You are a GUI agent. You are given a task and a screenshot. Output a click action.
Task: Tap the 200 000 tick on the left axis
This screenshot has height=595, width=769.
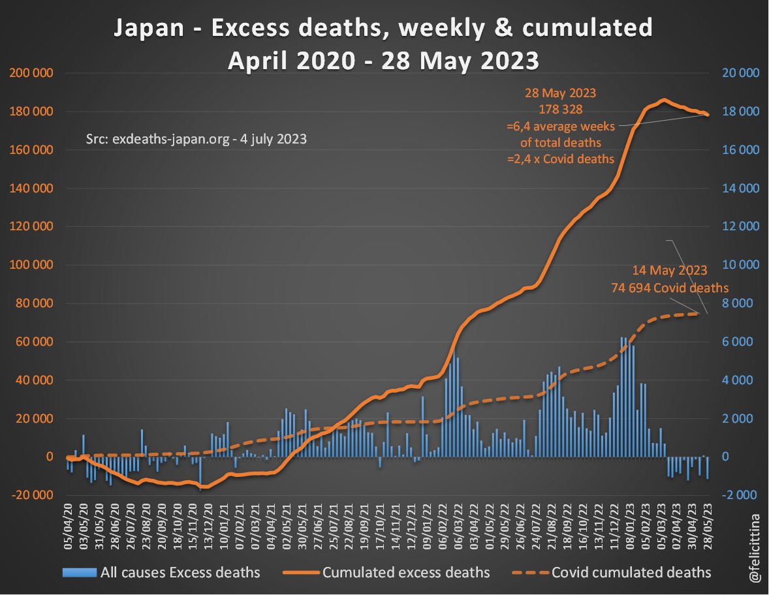click(x=32, y=73)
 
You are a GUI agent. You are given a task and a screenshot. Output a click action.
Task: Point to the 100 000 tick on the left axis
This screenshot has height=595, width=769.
click(x=32, y=265)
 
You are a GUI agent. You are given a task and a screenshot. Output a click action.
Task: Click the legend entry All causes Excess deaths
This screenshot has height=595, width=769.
click(x=180, y=573)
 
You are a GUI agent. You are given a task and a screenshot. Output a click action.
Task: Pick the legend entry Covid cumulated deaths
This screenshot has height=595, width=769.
click(x=631, y=573)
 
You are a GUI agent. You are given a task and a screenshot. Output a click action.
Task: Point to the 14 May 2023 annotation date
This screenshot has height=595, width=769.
click(x=670, y=270)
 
